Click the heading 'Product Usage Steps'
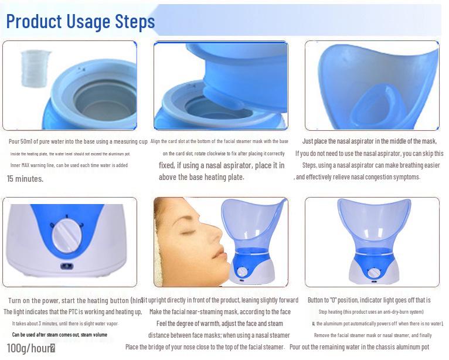pos(80,22)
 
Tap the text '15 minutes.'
pos(25,179)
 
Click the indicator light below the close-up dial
pos(66,266)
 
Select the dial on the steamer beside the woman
pos(242,272)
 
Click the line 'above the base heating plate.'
pos(201,177)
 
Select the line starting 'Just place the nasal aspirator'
pos(369,141)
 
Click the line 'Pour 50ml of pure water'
pos(78,142)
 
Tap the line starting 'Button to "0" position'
pos(369,300)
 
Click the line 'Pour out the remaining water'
pos(359,347)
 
